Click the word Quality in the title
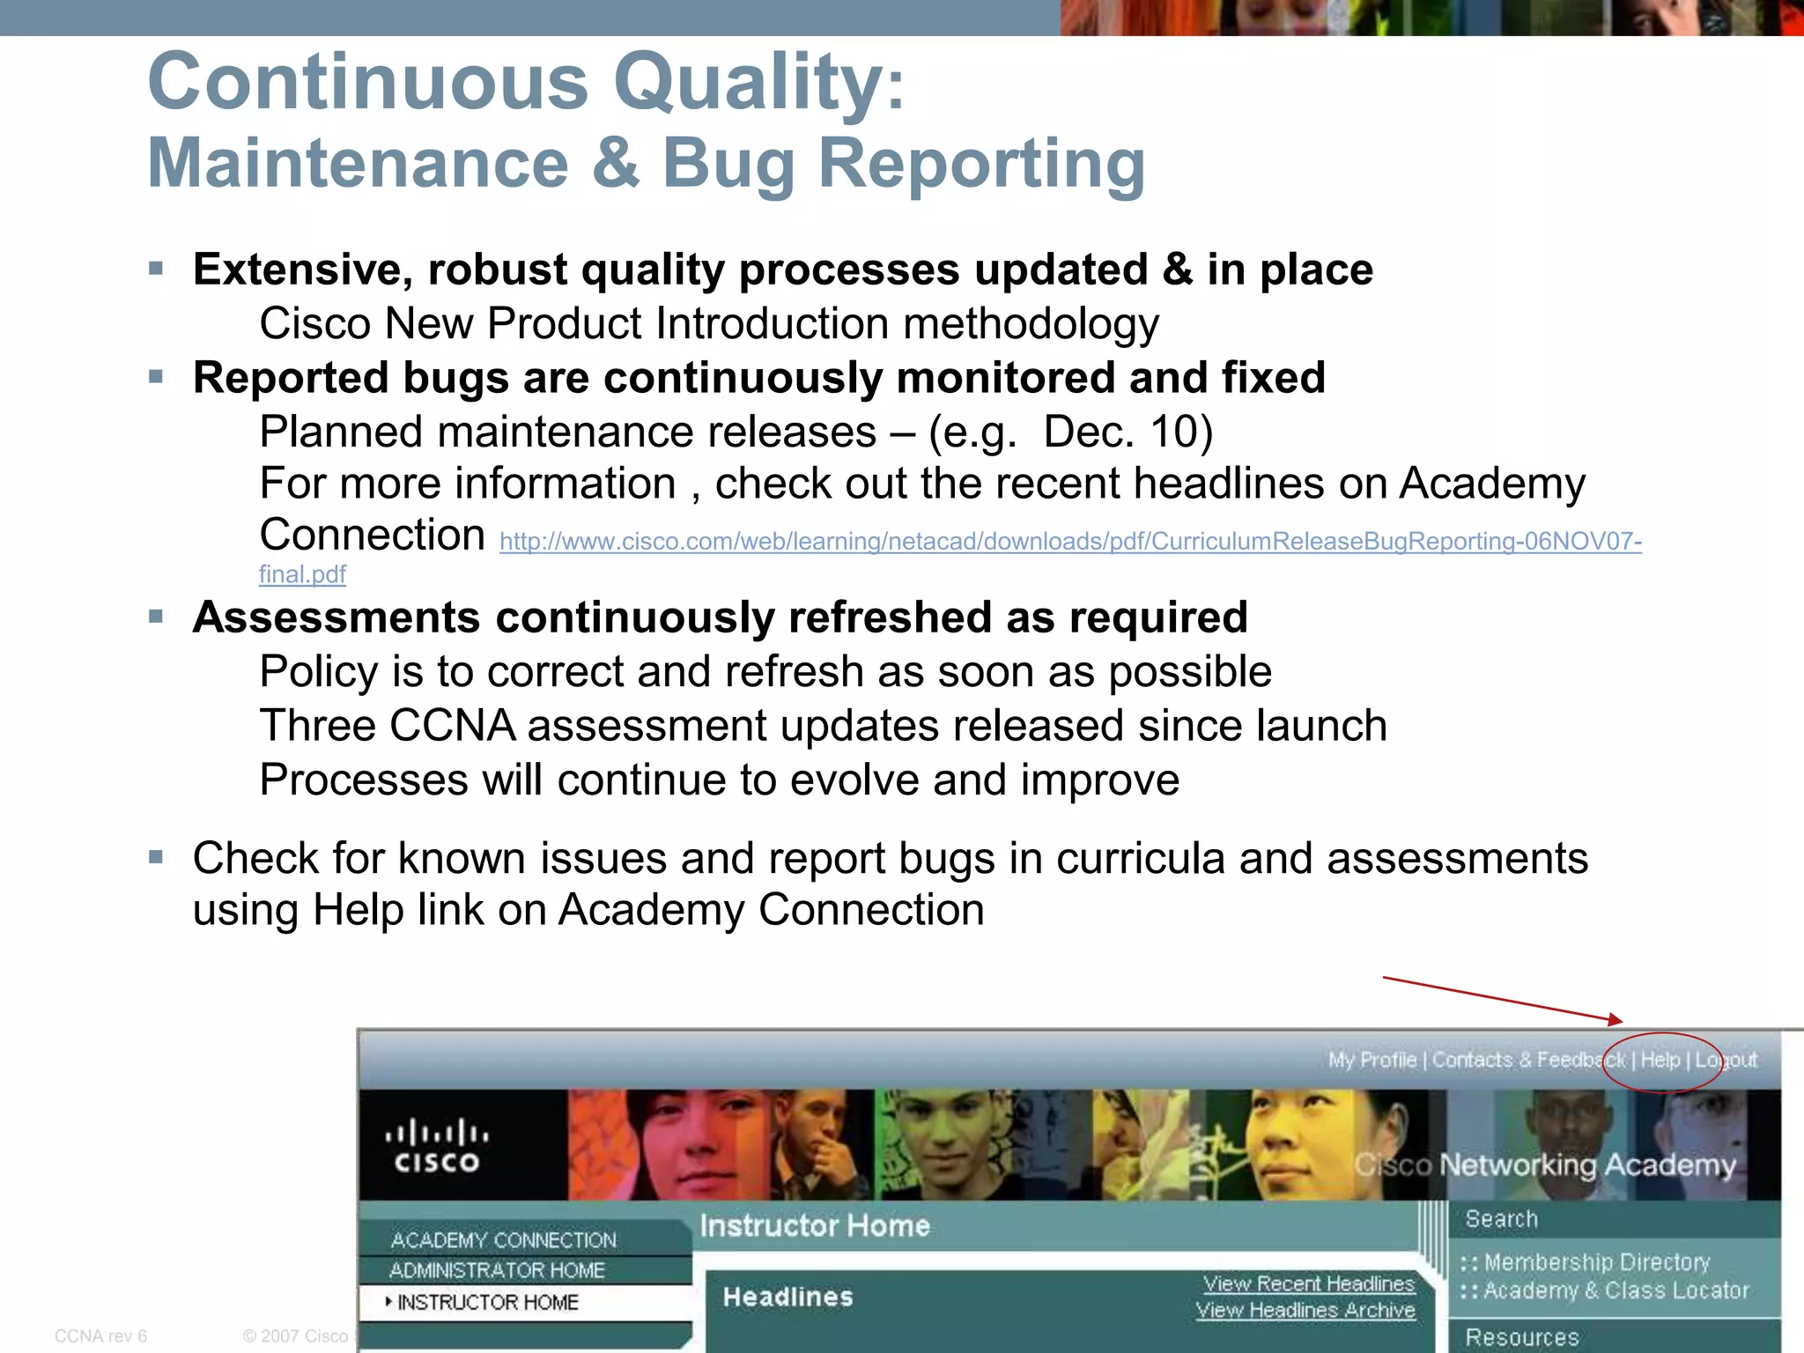(x=748, y=83)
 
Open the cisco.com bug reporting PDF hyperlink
(x=1070, y=542)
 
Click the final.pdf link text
(x=302, y=575)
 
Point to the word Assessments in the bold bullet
(x=336, y=617)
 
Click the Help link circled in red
(x=1660, y=1061)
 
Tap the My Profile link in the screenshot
(x=1371, y=1061)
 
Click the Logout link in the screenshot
(x=1726, y=1061)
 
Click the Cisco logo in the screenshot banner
(x=437, y=1146)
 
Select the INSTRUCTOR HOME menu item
(x=487, y=1303)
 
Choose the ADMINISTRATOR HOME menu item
(x=497, y=1271)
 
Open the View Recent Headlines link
(x=1309, y=1284)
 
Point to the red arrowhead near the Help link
(x=1614, y=1020)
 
